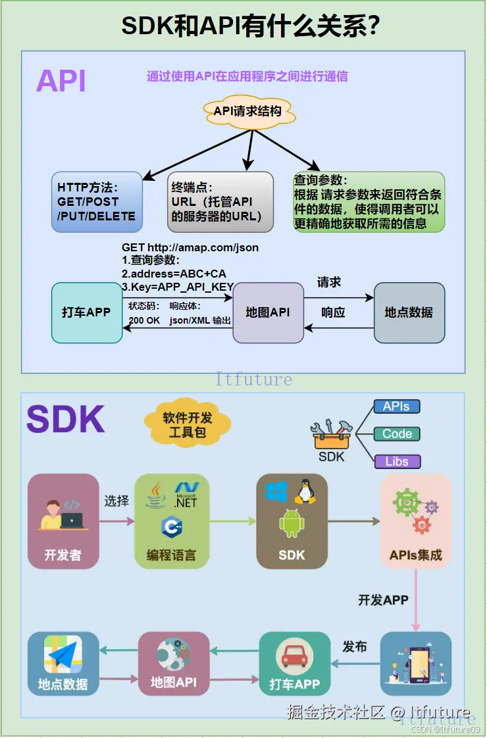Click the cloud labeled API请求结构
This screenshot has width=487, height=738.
pyautogui.click(x=247, y=111)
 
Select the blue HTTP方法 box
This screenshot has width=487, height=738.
pyautogui.click(x=97, y=202)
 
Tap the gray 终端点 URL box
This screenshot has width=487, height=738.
pyautogui.click(x=220, y=202)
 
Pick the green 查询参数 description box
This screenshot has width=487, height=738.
pyautogui.click(x=369, y=202)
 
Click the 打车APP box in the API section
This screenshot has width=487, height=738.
pyautogui.click(x=86, y=312)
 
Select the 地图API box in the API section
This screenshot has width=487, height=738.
pyautogui.click(x=268, y=312)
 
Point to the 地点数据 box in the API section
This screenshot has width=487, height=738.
pyautogui.click(x=409, y=312)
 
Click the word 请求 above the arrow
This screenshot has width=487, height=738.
pyautogui.click(x=329, y=282)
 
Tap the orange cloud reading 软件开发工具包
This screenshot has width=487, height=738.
pyautogui.click(x=188, y=425)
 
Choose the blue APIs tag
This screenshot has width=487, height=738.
pyautogui.click(x=396, y=406)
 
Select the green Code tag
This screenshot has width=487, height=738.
pyautogui.click(x=396, y=434)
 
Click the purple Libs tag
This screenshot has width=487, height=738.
pyautogui.click(x=396, y=462)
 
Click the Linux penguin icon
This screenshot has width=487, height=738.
pyautogui.click(x=305, y=491)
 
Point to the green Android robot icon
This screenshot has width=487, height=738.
pyautogui.click(x=292, y=524)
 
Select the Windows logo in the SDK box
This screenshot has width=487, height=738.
pyautogui.click(x=276, y=491)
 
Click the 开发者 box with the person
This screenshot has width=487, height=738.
pyautogui.click(x=63, y=521)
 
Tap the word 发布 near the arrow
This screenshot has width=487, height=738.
pyautogui.click(x=355, y=647)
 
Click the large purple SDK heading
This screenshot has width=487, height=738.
pyautogui.click(x=66, y=419)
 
